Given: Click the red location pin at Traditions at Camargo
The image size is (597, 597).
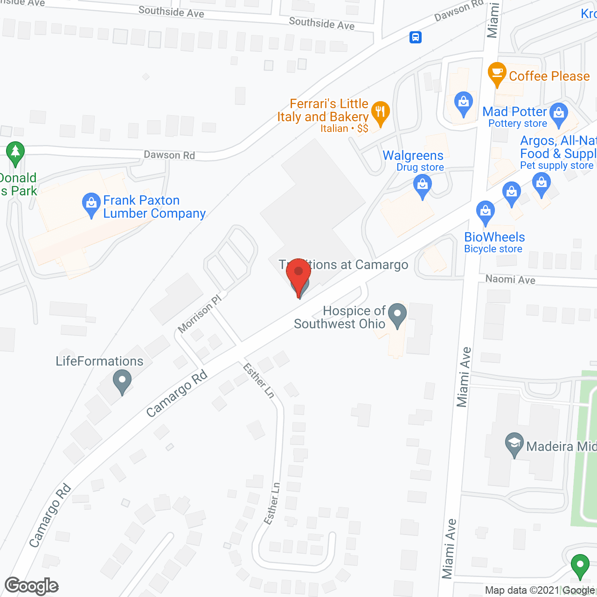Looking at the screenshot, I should (x=298, y=276).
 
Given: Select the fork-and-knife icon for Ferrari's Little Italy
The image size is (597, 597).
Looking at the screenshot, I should (x=381, y=112).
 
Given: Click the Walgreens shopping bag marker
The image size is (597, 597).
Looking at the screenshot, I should (x=423, y=186).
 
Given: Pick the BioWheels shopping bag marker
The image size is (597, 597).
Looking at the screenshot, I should (x=486, y=213).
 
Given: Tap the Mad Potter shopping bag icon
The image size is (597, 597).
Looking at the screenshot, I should (x=559, y=114).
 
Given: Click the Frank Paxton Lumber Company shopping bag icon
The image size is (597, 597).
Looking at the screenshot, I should (x=91, y=204).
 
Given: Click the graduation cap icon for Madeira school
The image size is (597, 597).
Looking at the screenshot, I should (x=514, y=444).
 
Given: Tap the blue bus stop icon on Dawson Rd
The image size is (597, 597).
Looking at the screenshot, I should (x=416, y=37).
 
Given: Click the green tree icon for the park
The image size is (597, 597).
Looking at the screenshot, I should (x=15, y=153).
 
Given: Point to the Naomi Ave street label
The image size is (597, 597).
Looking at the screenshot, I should (x=510, y=279).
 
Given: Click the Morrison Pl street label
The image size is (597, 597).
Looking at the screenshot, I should (x=200, y=314).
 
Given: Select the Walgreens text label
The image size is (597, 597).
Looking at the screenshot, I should (x=413, y=155).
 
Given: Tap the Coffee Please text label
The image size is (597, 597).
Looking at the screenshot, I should (x=549, y=76).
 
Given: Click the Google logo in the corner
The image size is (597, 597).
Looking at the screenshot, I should (x=32, y=585).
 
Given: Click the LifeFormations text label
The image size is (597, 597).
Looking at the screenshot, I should (x=99, y=361).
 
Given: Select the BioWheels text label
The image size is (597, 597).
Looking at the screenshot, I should (x=494, y=237).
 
